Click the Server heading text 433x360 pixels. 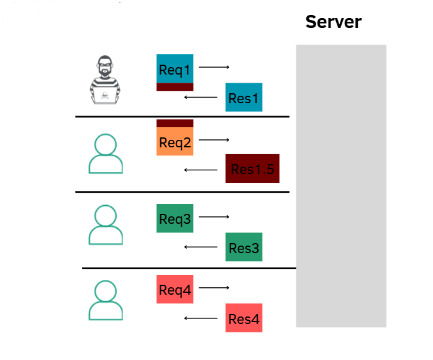pyautogui.click(x=333, y=22)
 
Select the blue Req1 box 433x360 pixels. pyautogui.click(x=175, y=68)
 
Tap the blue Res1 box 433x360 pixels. pyautogui.click(x=244, y=97)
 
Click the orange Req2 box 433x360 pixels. pyautogui.click(x=175, y=142)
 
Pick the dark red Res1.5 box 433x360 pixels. pyautogui.click(x=252, y=168)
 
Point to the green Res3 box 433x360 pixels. pyautogui.click(x=244, y=247)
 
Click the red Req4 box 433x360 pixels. pyautogui.click(x=175, y=289)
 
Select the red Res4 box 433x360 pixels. pyautogui.click(x=244, y=318)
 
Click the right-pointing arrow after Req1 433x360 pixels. pyautogui.click(x=214, y=67)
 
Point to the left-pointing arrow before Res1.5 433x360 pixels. pyautogui.click(x=200, y=170)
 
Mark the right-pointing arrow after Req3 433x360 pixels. pyautogui.click(x=214, y=216)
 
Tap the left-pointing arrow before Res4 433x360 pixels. pyautogui.click(x=200, y=319)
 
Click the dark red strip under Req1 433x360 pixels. pyautogui.click(x=175, y=87)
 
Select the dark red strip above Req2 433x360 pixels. pyautogui.click(x=175, y=123)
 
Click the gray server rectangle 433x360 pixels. pyautogui.click(x=340, y=187)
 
